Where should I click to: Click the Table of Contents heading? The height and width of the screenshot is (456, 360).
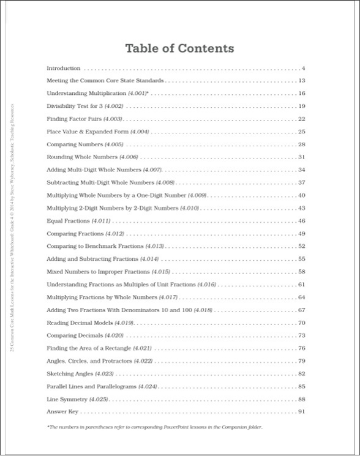pos(179,48)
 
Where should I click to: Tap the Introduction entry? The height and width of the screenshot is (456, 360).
pos(64,68)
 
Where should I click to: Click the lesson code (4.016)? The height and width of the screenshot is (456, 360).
pos(207,285)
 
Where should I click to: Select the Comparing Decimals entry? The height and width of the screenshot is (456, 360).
pos(85,335)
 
